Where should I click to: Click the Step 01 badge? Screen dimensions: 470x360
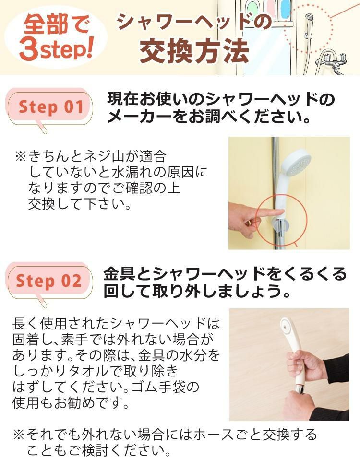51,107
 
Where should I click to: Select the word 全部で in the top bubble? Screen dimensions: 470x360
56,25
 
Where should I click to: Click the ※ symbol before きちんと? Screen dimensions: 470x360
20,156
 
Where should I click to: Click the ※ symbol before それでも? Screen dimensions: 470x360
18,435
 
